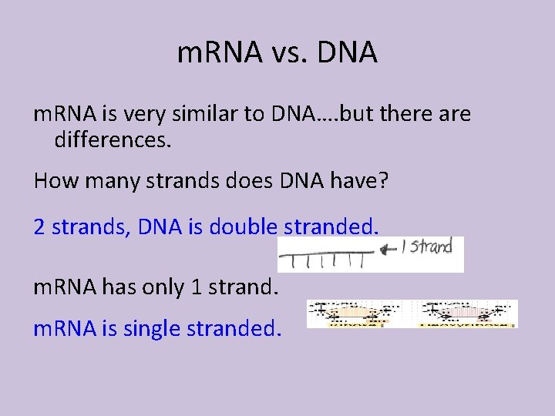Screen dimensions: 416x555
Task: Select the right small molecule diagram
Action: point(466,314)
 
